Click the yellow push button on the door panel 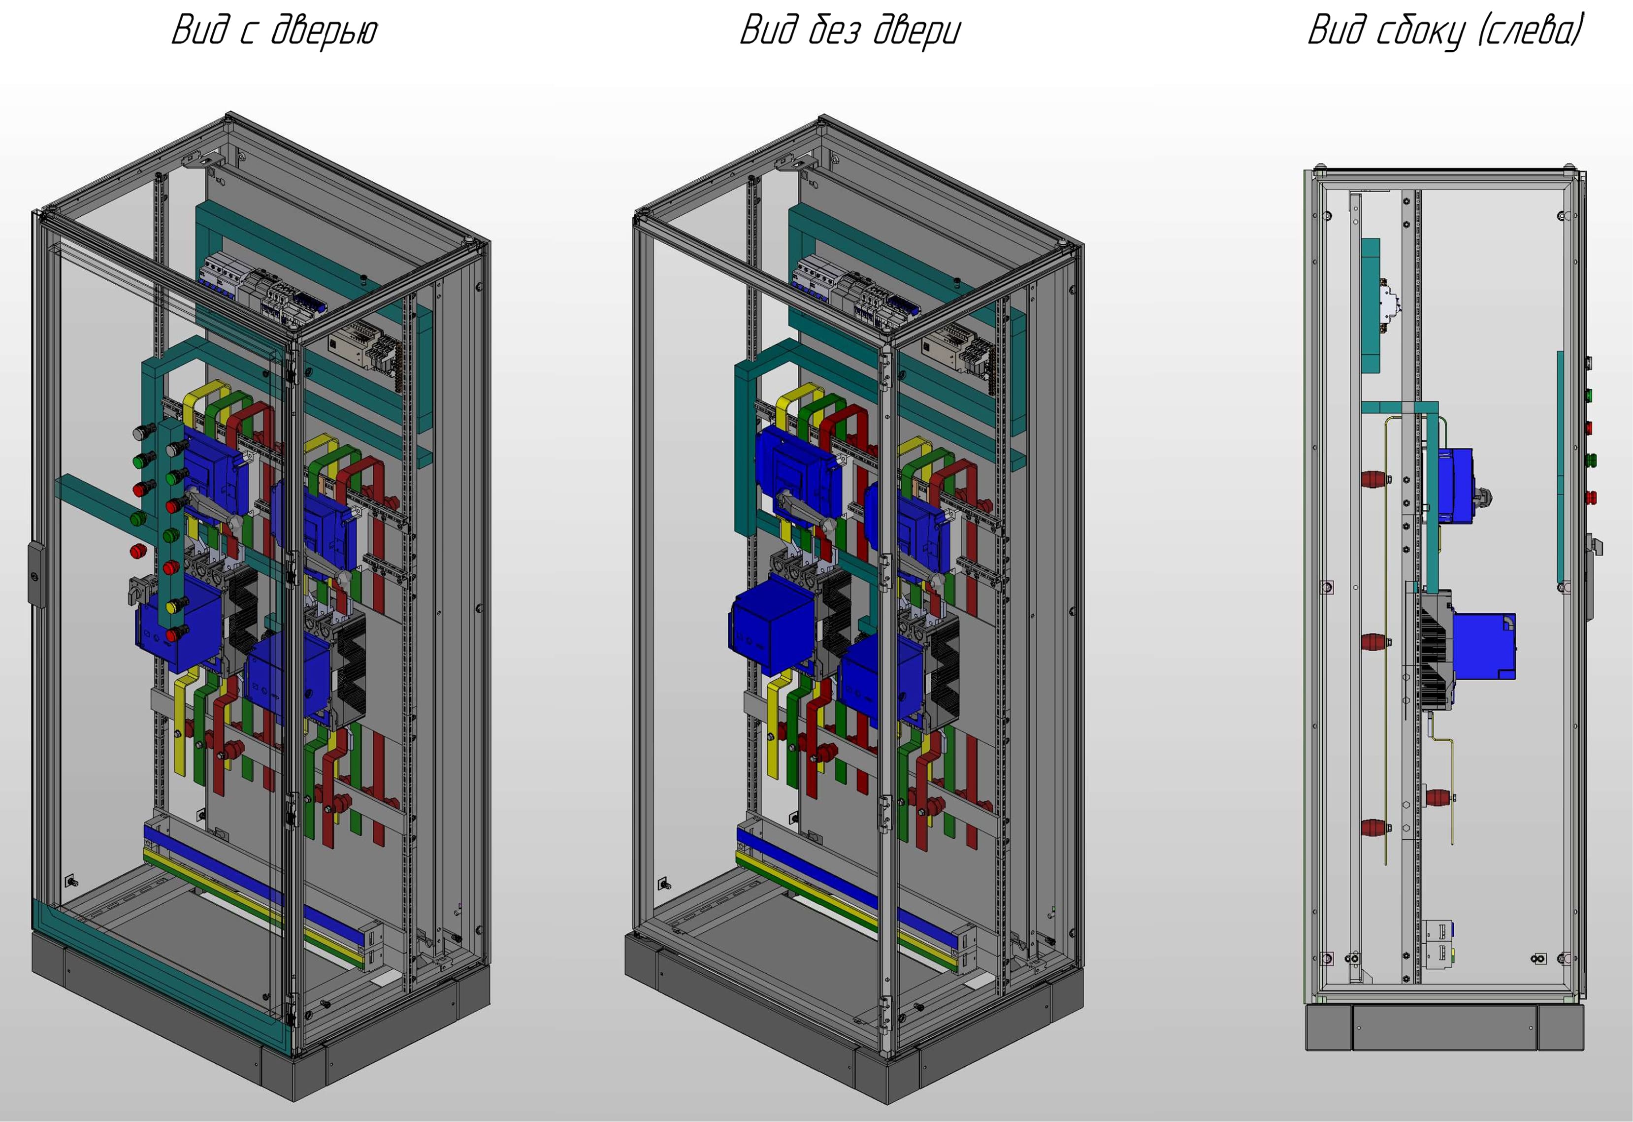click(x=172, y=605)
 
